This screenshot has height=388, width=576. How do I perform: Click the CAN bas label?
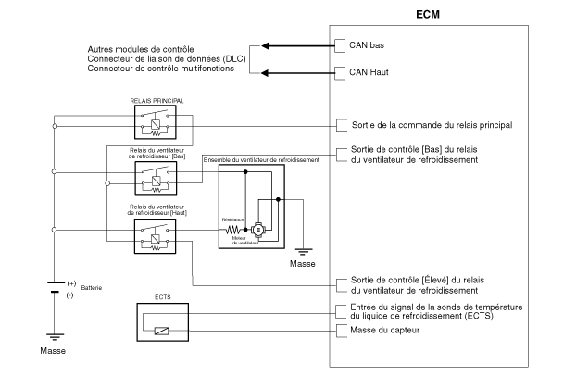(x=364, y=44)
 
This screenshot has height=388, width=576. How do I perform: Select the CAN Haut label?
(x=366, y=70)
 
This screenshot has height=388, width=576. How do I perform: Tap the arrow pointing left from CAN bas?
(x=295, y=44)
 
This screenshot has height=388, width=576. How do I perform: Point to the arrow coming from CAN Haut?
(x=295, y=71)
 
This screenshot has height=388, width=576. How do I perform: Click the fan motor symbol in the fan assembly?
(x=258, y=228)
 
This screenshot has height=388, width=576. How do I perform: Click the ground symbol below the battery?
(x=54, y=336)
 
